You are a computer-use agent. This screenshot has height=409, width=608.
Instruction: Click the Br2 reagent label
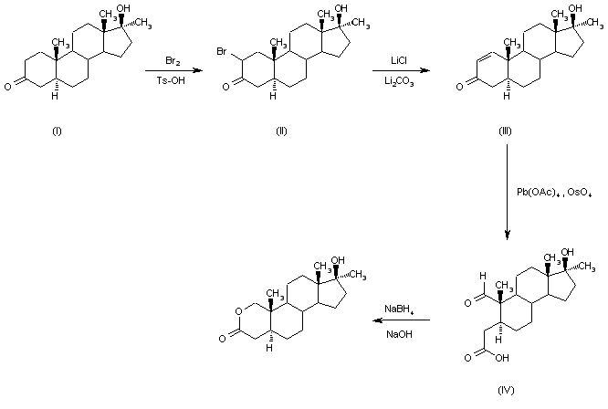173,60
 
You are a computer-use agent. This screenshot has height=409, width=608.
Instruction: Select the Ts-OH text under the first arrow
173,80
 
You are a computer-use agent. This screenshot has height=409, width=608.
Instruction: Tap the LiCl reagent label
399,60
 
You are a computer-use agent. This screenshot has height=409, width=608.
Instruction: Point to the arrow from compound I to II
173,70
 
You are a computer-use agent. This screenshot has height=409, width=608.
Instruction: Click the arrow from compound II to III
399,70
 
